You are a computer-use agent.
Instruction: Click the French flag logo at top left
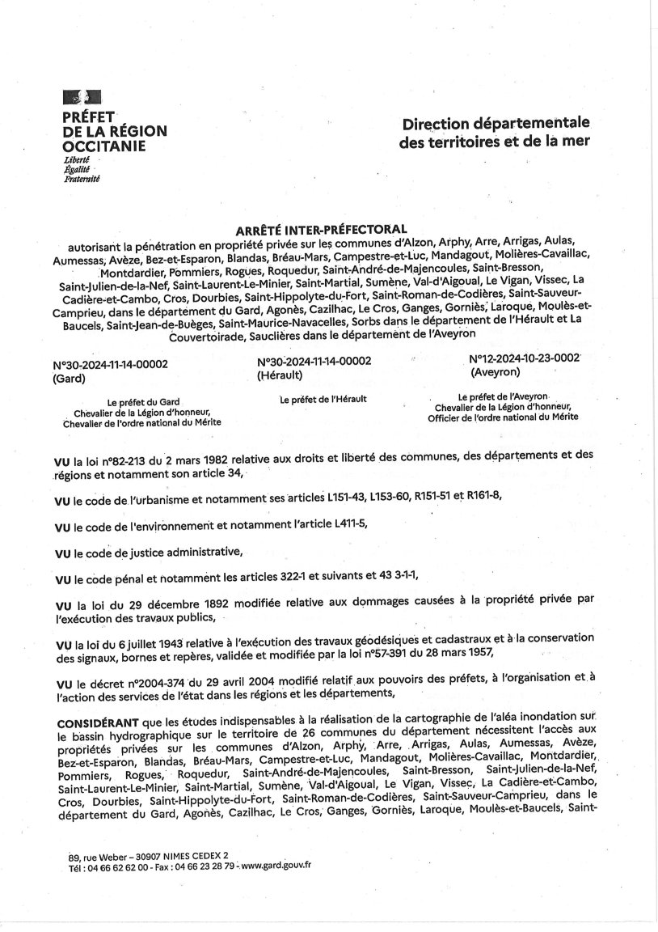pyautogui.click(x=82, y=98)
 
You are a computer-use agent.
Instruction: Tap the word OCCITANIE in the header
pyautogui.click(x=104, y=146)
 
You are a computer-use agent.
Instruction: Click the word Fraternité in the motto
pyautogui.click(x=82, y=179)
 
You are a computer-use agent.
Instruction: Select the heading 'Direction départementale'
pyautogui.click(x=496, y=124)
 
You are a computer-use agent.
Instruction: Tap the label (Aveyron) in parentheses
pyautogui.click(x=496, y=372)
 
